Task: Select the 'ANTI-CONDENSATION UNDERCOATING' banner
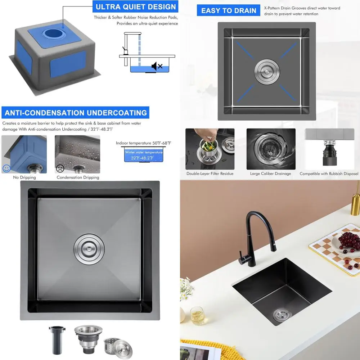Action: [x=76, y=113]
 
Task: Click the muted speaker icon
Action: [x=157, y=66]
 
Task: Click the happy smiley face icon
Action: [x=6, y=168]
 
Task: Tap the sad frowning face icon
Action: [x=60, y=168]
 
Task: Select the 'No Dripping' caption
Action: [x=24, y=177]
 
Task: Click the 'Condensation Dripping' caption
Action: [x=78, y=177]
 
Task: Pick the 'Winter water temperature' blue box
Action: [x=144, y=156]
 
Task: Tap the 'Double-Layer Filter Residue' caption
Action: [x=210, y=174]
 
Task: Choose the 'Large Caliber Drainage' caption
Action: [x=270, y=174]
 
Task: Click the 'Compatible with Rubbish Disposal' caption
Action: [x=329, y=174]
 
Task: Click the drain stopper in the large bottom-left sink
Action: [x=90, y=248]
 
